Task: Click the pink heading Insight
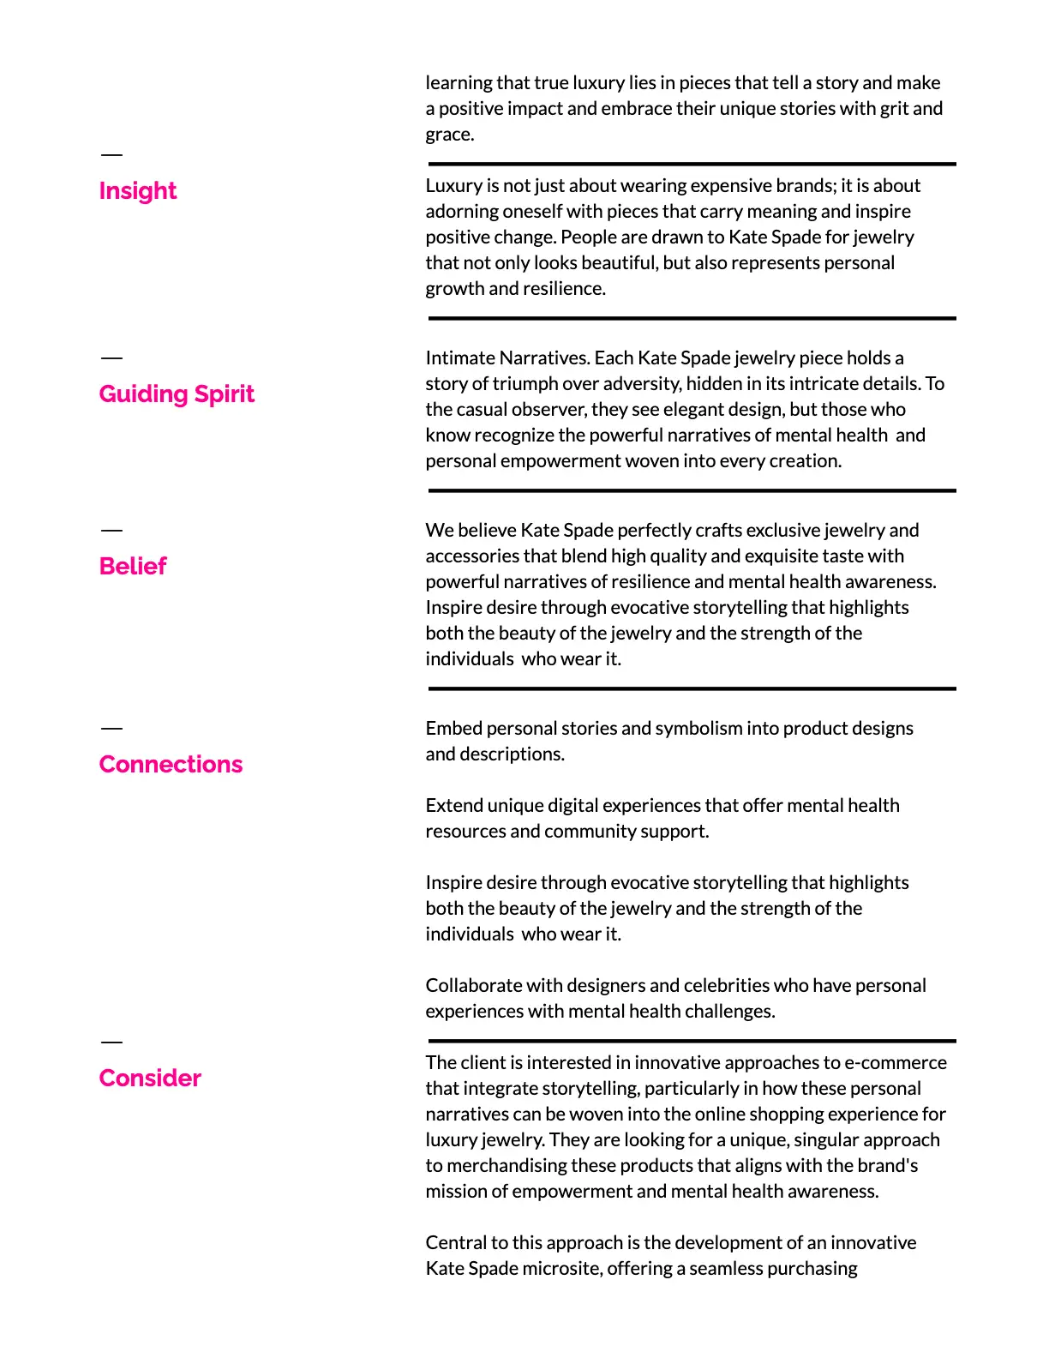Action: (x=138, y=190)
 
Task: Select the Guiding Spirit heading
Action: (x=177, y=394)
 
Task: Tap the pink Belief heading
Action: (x=133, y=566)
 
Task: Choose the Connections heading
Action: (x=171, y=764)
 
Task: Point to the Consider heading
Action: (x=150, y=1078)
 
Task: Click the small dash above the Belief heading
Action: (x=111, y=531)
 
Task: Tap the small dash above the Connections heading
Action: (x=111, y=729)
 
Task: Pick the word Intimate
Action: (x=459, y=358)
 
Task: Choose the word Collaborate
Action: (x=474, y=986)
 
